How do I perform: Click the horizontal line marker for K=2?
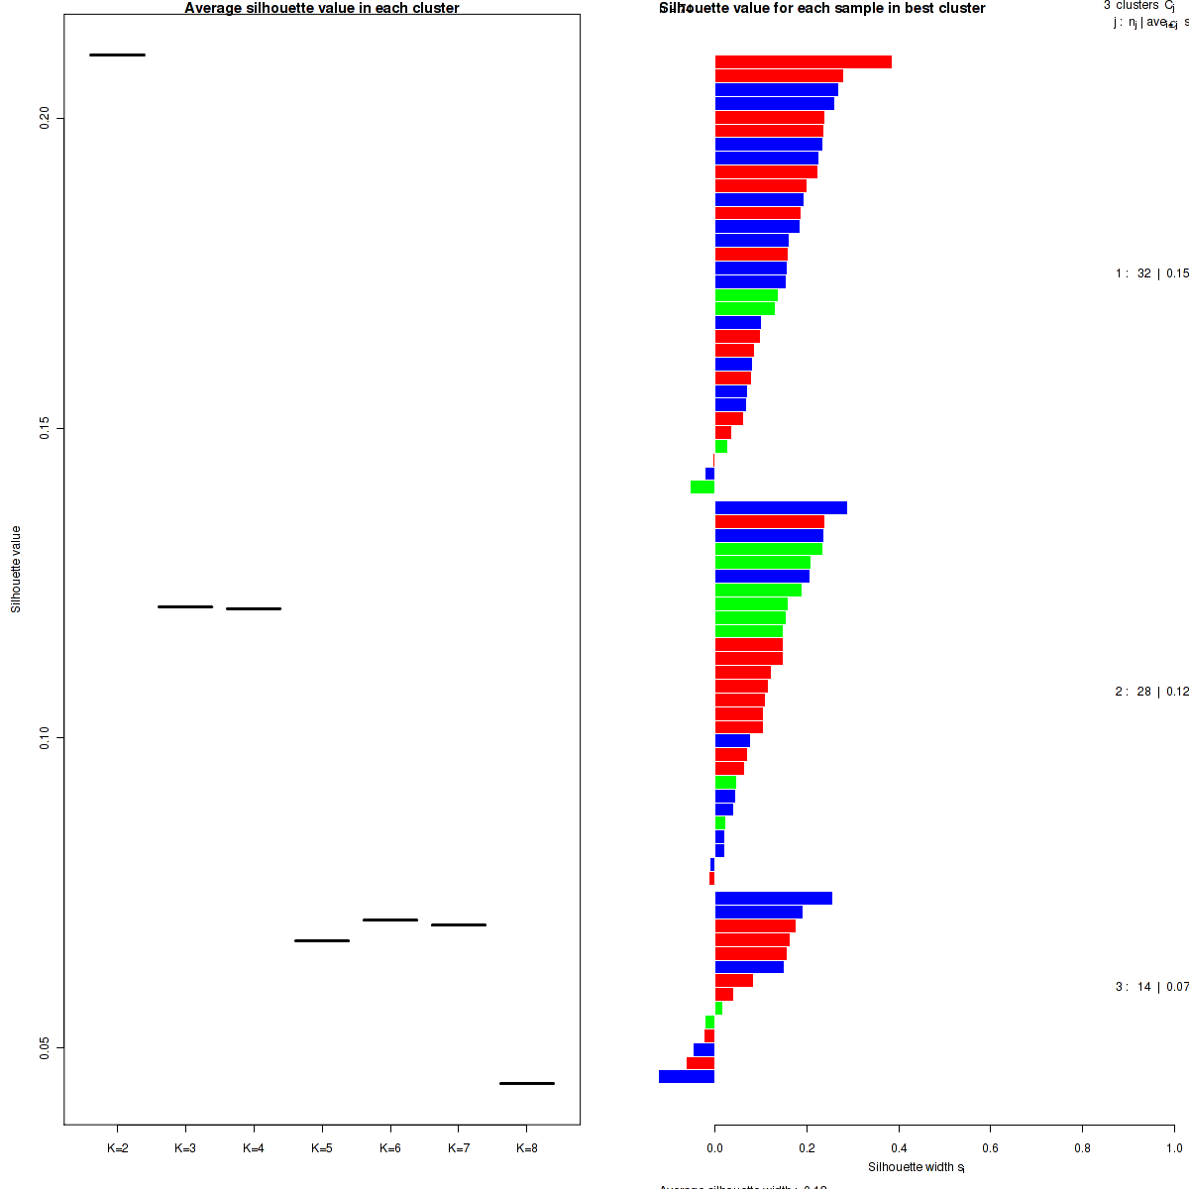(x=117, y=54)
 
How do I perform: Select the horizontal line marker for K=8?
(x=526, y=1083)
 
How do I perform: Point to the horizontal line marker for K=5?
(x=322, y=940)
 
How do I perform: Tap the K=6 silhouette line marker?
(x=390, y=919)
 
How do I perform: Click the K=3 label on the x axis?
(x=185, y=1148)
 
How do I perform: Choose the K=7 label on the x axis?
(x=459, y=1148)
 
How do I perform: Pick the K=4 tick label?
(x=254, y=1148)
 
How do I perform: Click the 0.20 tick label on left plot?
(x=45, y=119)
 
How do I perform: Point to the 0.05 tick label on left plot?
(x=45, y=1047)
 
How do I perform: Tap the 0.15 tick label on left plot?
(x=45, y=428)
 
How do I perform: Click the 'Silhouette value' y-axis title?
(x=16, y=569)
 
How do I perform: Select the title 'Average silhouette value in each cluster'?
(x=322, y=8)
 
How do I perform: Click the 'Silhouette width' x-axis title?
(x=916, y=1167)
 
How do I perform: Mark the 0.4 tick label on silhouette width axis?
(x=899, y=1148)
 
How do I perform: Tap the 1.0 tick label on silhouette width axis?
(x=1174, y=1148)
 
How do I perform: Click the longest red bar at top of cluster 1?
(x=804, y=62)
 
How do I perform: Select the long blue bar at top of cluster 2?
(x=781, y=508)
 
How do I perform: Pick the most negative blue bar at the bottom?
(x=687, y=1077)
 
